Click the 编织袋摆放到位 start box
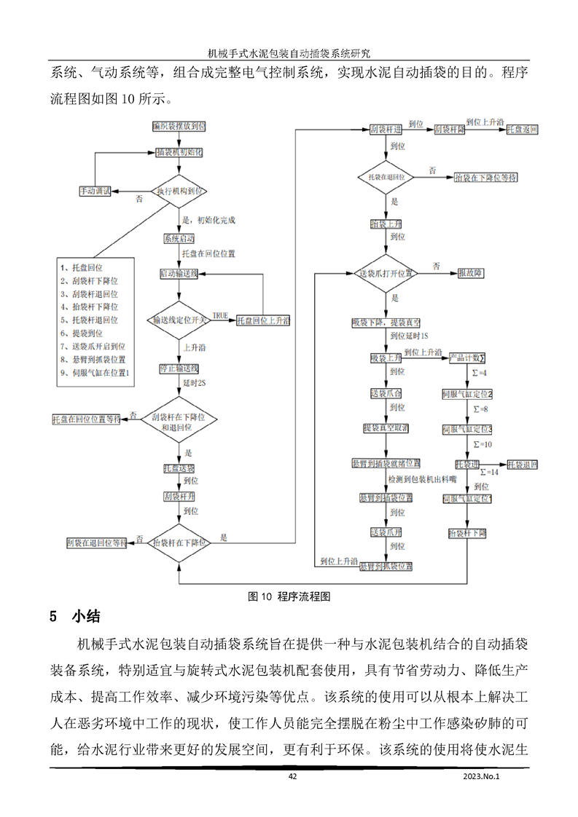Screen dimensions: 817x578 click(x=179, y=127)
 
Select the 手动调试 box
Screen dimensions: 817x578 click(x=95, y=191)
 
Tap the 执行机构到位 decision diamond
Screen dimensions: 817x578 click(x=179, y=191)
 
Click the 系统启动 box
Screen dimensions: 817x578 click(x=179, y=239)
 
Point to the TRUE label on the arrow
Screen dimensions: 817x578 click(x=219, y=315)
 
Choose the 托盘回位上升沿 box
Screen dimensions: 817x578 click(x=263, y=320)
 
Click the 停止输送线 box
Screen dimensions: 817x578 click(x=179, y=368)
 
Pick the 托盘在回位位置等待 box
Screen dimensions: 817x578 click(x=86, y=420)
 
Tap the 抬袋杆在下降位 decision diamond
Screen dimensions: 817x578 click(x=179, y=542)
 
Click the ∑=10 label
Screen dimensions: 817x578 click(x=483, y=443)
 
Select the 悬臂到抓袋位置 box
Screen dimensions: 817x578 click(x=386, y=566)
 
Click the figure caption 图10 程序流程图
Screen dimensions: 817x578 click(x=289, y=596)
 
